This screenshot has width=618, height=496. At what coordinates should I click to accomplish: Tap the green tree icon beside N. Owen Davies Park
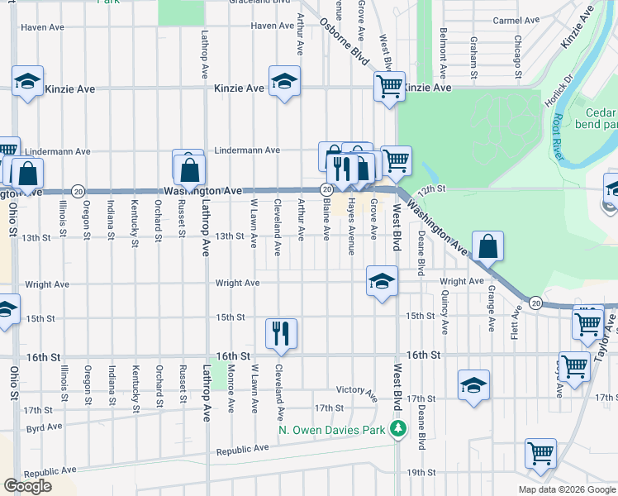(x=398, y=429)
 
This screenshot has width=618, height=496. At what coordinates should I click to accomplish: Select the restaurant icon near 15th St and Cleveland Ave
(x=281, y=332)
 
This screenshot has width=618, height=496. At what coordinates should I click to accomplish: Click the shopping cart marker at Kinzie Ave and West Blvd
(x=388, y=84)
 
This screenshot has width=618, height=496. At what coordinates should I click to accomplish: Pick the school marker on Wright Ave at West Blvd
(x=382, y=282)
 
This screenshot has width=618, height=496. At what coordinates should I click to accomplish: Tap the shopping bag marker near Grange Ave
(x=487, y=246)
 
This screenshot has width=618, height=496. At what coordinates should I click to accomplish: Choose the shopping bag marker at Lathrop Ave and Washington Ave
(x=189, y=169)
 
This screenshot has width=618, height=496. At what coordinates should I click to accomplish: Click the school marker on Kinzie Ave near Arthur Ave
(x=284, y=81)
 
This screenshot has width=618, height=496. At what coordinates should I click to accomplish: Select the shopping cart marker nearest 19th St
(x=540, y=452)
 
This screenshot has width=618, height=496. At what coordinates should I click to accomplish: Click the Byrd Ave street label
(x=44, y=427)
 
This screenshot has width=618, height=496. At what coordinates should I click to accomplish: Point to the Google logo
(x=27, y=486)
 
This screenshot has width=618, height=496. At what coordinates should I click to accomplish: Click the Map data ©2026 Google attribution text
(x=566, y=489)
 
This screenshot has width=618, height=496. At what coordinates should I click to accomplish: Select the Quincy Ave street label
(x=445, y=316)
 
